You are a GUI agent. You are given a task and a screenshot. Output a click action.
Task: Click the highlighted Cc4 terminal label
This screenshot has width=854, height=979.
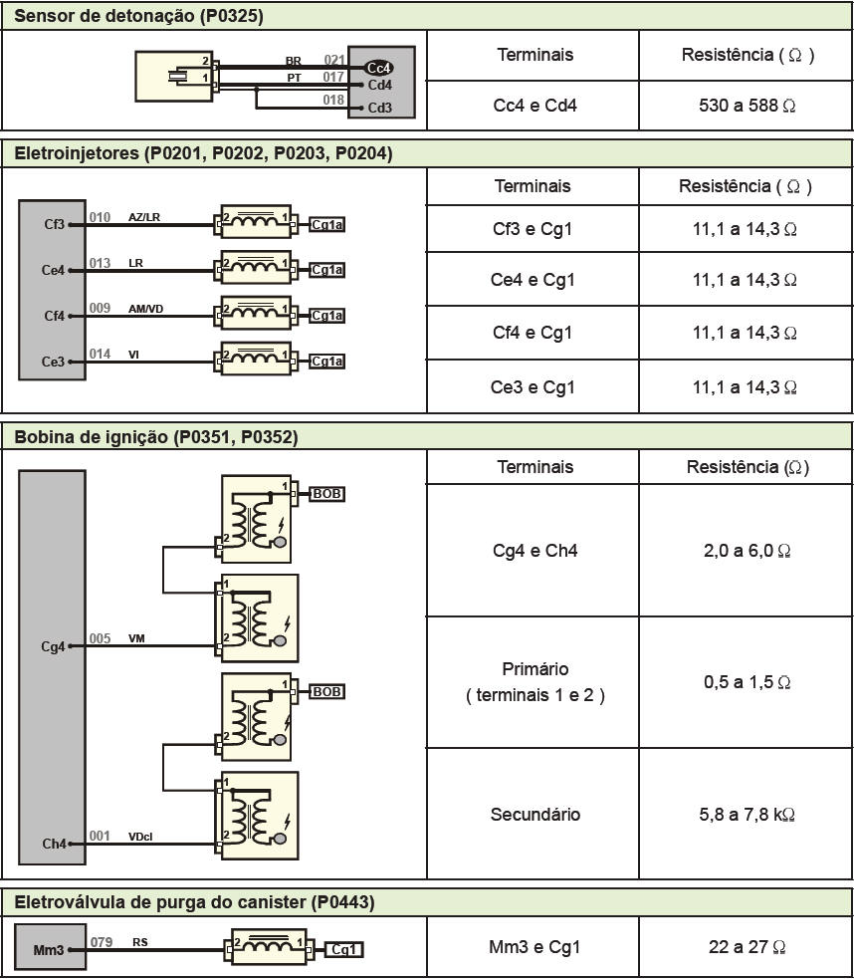pyautogui.click(x=379, y=68)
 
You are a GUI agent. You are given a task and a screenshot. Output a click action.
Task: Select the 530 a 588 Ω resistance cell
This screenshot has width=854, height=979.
pyautogui.click(x=747, y=105)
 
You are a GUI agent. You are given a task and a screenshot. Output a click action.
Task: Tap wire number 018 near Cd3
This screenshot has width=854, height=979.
pyautogui.click(x=333, y=101)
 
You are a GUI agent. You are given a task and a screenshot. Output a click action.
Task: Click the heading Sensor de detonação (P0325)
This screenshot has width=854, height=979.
pyautogui.click(x=138, y=16)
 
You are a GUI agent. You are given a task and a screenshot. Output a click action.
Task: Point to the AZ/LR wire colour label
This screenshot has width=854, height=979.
pyautogui.click(x=144, y=217)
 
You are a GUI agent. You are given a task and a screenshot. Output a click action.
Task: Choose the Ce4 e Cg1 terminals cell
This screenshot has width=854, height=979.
pyautogui.click(x=533, y=280)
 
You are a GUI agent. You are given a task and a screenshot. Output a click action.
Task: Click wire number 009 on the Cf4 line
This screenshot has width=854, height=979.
pyautogui.click(x=100, y=309)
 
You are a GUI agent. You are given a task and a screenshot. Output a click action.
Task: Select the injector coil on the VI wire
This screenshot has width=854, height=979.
pyautogui.click(x=256, y=359)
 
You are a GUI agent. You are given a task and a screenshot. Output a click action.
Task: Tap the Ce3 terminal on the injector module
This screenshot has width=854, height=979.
pyautogui.click(x=53, y=363)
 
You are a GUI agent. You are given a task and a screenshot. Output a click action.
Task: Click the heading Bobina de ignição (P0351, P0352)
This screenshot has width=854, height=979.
pyautogui.click(x=156, y=437)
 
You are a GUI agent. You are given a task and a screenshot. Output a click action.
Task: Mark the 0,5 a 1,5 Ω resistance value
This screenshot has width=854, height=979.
pyautogui.click(x=747, y=682)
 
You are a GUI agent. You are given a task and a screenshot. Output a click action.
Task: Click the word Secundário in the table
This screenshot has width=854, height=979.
pyautogui.click(x=535, y=815)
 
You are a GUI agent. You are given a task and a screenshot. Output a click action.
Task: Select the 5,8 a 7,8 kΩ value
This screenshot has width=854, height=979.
pyautogui.click(x=747, y=815)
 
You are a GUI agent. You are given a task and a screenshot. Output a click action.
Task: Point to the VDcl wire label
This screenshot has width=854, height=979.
pyautogui.click(x=139, y=837)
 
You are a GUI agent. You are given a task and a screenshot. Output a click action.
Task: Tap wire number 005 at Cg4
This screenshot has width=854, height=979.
pyautogui.click(x=100, y=639)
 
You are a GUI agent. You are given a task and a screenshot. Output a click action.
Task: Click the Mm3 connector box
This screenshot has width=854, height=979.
pyautogui.click(x=48, y=950)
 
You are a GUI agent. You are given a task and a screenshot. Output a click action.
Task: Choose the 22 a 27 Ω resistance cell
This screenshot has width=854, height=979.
pyautogui.click(x=747, y=947)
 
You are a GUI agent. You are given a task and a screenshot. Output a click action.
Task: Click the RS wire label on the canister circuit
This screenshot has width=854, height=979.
pyautogui.click(x=140, y=941)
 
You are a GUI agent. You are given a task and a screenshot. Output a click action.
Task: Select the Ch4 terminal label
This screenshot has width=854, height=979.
pyautogui.click(x=53, y=845)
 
